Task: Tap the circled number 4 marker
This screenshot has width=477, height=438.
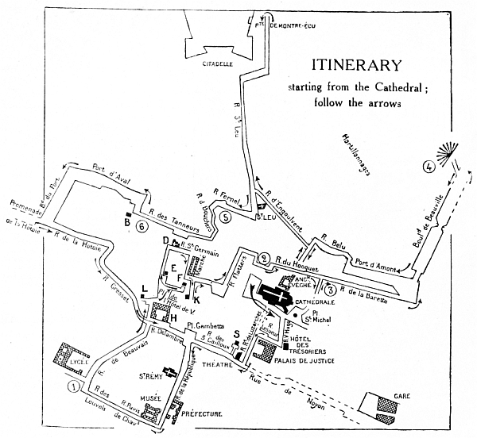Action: (429, 167)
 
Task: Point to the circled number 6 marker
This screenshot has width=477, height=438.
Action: (142, 226)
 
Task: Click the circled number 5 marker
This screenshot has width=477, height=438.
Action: (227, 217)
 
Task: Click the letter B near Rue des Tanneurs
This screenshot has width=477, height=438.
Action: (126, 223)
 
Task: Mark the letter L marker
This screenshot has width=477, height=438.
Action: (143, 289)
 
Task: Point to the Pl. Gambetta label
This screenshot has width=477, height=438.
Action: (203, 326)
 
